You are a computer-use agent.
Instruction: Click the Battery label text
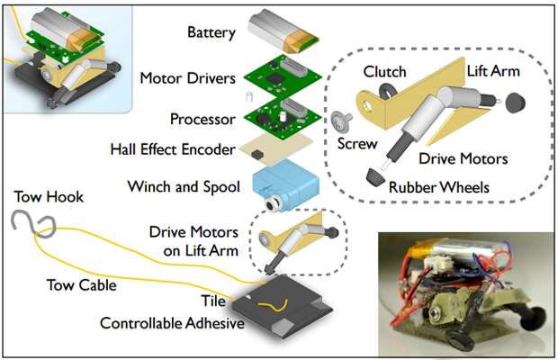click(x=211, y=32)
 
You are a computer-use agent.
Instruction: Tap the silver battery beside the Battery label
click(x=283, y=31)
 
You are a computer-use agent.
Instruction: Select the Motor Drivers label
click(x=187, y=78)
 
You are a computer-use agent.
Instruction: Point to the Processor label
click(x=202, y=119)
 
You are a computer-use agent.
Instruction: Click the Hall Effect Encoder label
click(x=173, y=149)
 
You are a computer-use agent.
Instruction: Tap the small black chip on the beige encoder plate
click(x=256, y=155)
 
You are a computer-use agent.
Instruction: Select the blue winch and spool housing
click(x=286, y=184)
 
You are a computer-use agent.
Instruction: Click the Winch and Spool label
click(x=184, y=187)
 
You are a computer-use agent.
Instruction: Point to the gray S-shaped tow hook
click(x=34, y=222)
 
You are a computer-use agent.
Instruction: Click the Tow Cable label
click(x=82, y=285)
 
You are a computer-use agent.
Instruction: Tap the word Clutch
click(x=384, y=72)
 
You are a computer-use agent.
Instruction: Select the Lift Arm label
click(x=493, y=71)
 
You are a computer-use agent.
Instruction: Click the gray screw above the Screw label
click(x=341, y=121)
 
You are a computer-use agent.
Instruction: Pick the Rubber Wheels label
click(x=439, y=187)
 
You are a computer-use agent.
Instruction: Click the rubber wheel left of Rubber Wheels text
click(x=375, y=176)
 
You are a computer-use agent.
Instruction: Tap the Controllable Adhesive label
click(x=172, y=323)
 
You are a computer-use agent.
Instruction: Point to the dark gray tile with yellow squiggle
click(x=283, y=306)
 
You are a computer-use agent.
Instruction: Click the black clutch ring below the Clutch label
click(x=386, y=92)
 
